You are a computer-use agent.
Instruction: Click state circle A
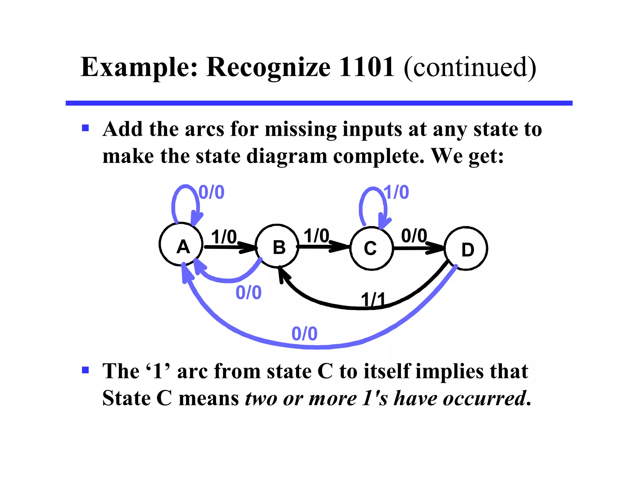(181, 244)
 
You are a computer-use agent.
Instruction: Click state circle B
(277, 246)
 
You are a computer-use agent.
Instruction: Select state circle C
(372, 248)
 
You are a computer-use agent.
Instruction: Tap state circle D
(466, 249)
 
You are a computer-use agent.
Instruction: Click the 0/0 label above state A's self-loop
(211, 192)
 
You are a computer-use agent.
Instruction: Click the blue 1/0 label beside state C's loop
(397, 192)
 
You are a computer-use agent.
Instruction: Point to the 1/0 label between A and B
(224, 237)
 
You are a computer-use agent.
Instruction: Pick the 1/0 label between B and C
(316, 236)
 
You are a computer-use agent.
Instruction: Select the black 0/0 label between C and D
(414, 236)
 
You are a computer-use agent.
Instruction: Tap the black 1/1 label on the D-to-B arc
(373, 300)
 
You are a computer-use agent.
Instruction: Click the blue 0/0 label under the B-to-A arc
(248, 292)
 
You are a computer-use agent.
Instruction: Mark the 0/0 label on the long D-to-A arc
(304, 334)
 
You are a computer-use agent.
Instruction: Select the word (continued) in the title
(470, 68)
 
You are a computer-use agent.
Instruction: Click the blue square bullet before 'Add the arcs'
(85, 128)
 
